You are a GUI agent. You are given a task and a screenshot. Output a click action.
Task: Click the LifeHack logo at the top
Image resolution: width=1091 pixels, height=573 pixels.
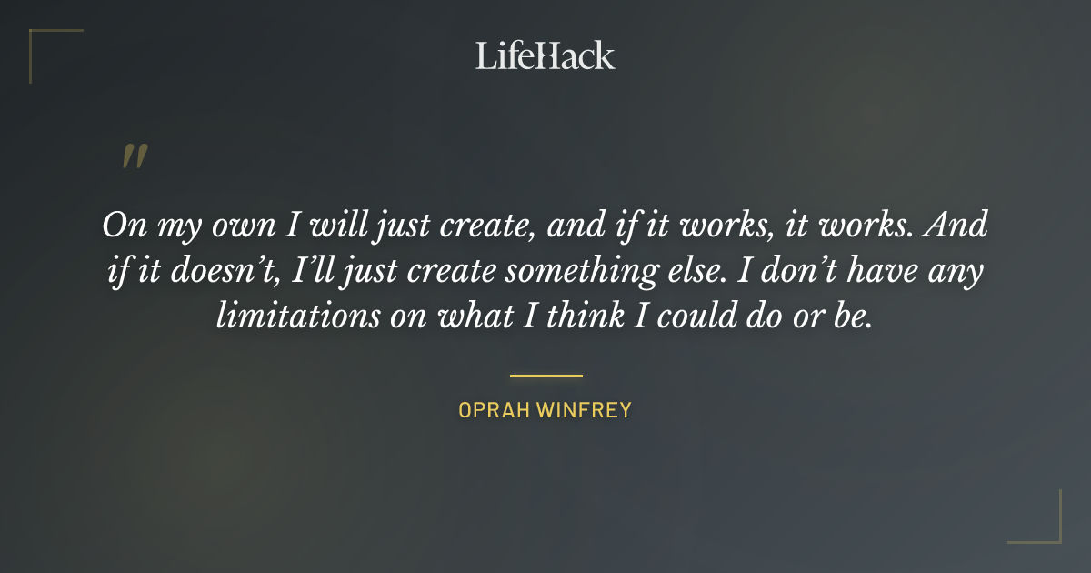click(545, 55)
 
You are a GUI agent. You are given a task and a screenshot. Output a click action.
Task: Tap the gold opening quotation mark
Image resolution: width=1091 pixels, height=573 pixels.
click(135, 156)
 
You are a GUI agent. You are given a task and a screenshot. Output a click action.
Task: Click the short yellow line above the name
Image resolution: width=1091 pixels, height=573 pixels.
click(545, 375)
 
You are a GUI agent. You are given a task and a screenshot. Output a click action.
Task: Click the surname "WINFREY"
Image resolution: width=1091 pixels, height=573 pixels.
click(585, 410)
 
